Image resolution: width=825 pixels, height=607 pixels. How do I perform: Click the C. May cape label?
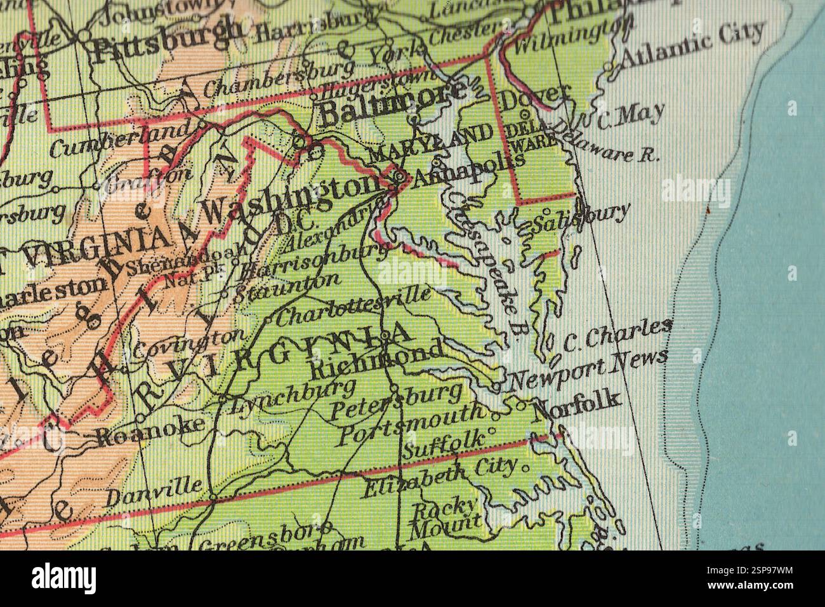[x=629, y=116]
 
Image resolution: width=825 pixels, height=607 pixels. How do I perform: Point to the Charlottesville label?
[x=355, y=305]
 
